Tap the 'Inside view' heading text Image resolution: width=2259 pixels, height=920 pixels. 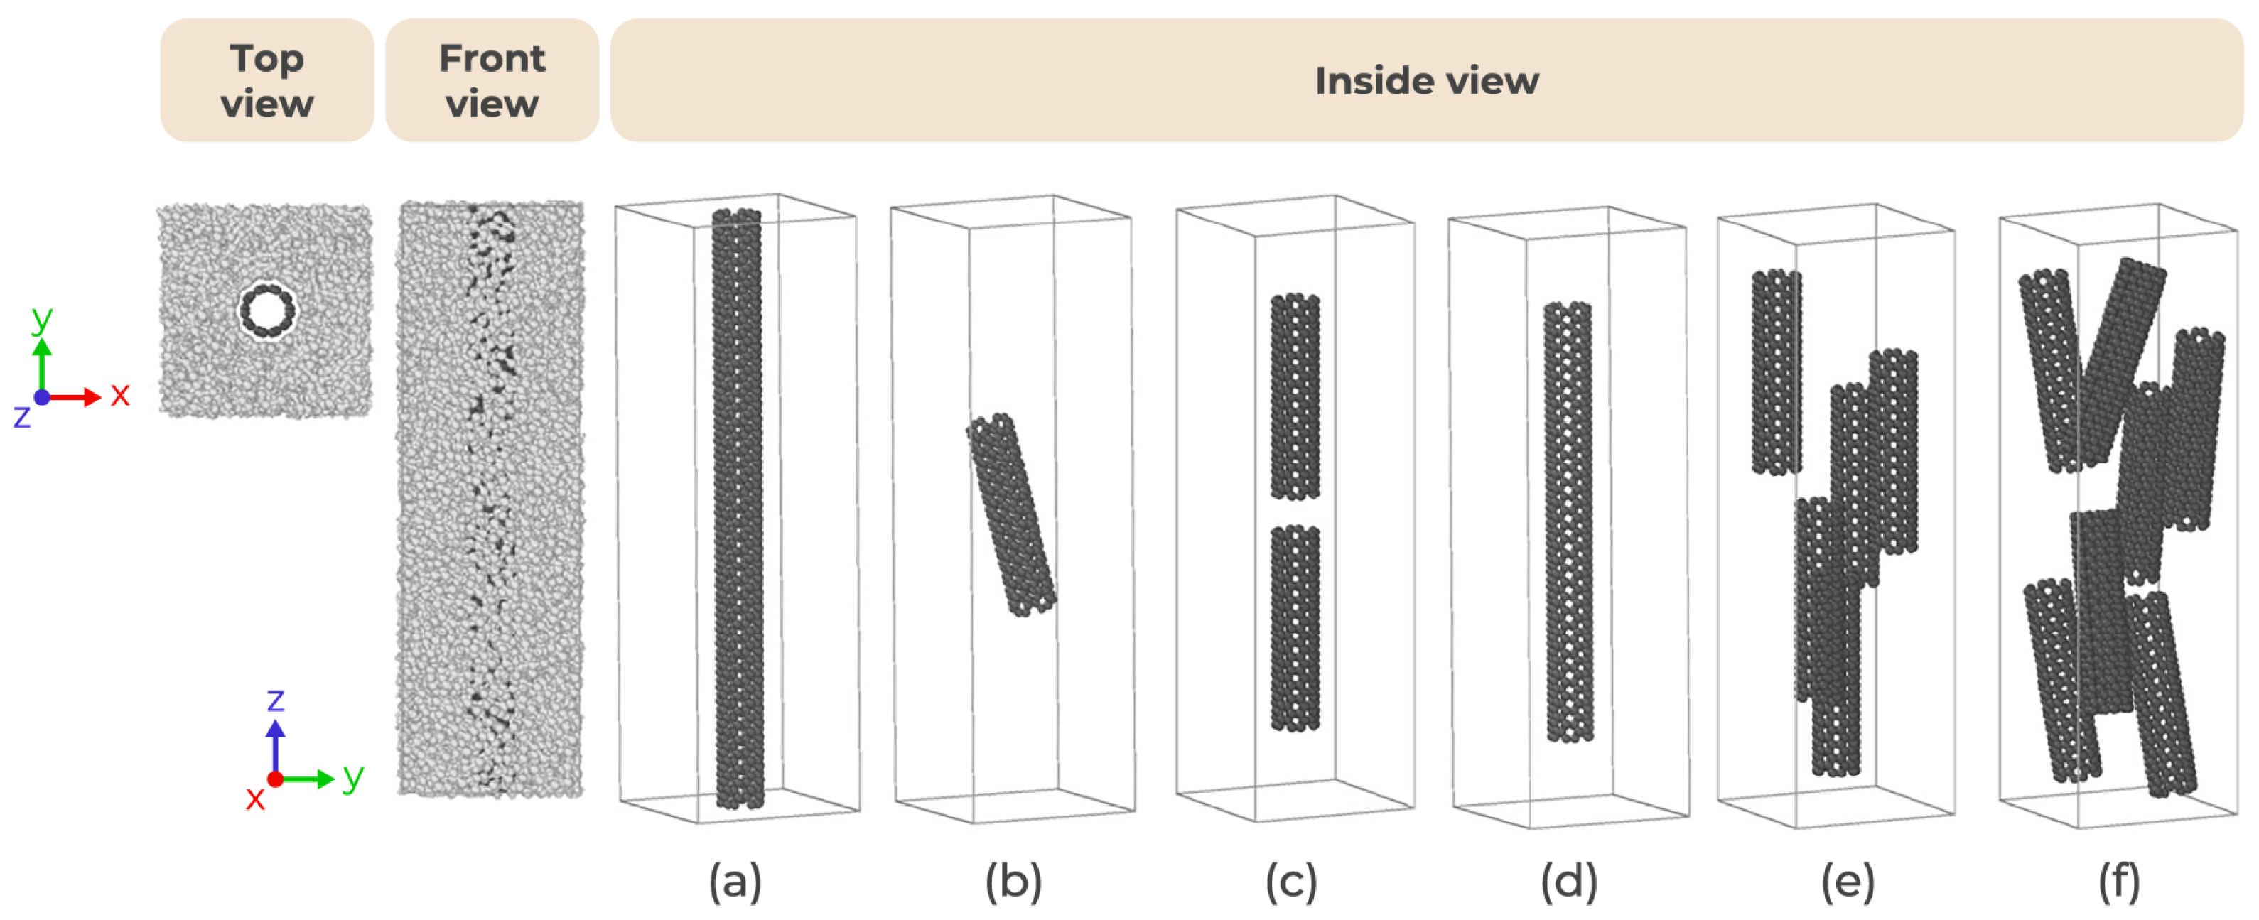click(1426, 81)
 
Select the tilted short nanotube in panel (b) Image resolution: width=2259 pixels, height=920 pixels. click(1011, 514)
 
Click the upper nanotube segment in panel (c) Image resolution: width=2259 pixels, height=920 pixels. click(1295, 396)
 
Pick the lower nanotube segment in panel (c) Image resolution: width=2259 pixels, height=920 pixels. click(1295, 628)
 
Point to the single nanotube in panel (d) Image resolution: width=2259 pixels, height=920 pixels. click(1568, 522)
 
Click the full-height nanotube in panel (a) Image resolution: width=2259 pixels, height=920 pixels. click(738, 509)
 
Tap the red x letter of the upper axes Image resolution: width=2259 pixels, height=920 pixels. click(120, 395)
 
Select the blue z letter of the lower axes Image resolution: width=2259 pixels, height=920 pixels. click(276, 700)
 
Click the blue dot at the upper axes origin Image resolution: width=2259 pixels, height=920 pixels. click(41, 397)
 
